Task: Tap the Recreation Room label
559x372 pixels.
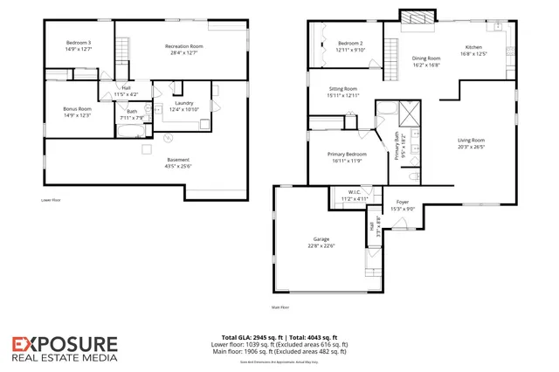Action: coord(184,45)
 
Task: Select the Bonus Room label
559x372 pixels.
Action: coord(77,109)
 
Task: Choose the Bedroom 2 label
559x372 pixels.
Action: coord(349,44)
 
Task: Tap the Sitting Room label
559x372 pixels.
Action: coord(343,89)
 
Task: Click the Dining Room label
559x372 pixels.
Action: coord(426,59)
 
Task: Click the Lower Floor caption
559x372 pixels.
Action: coord(51,200)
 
